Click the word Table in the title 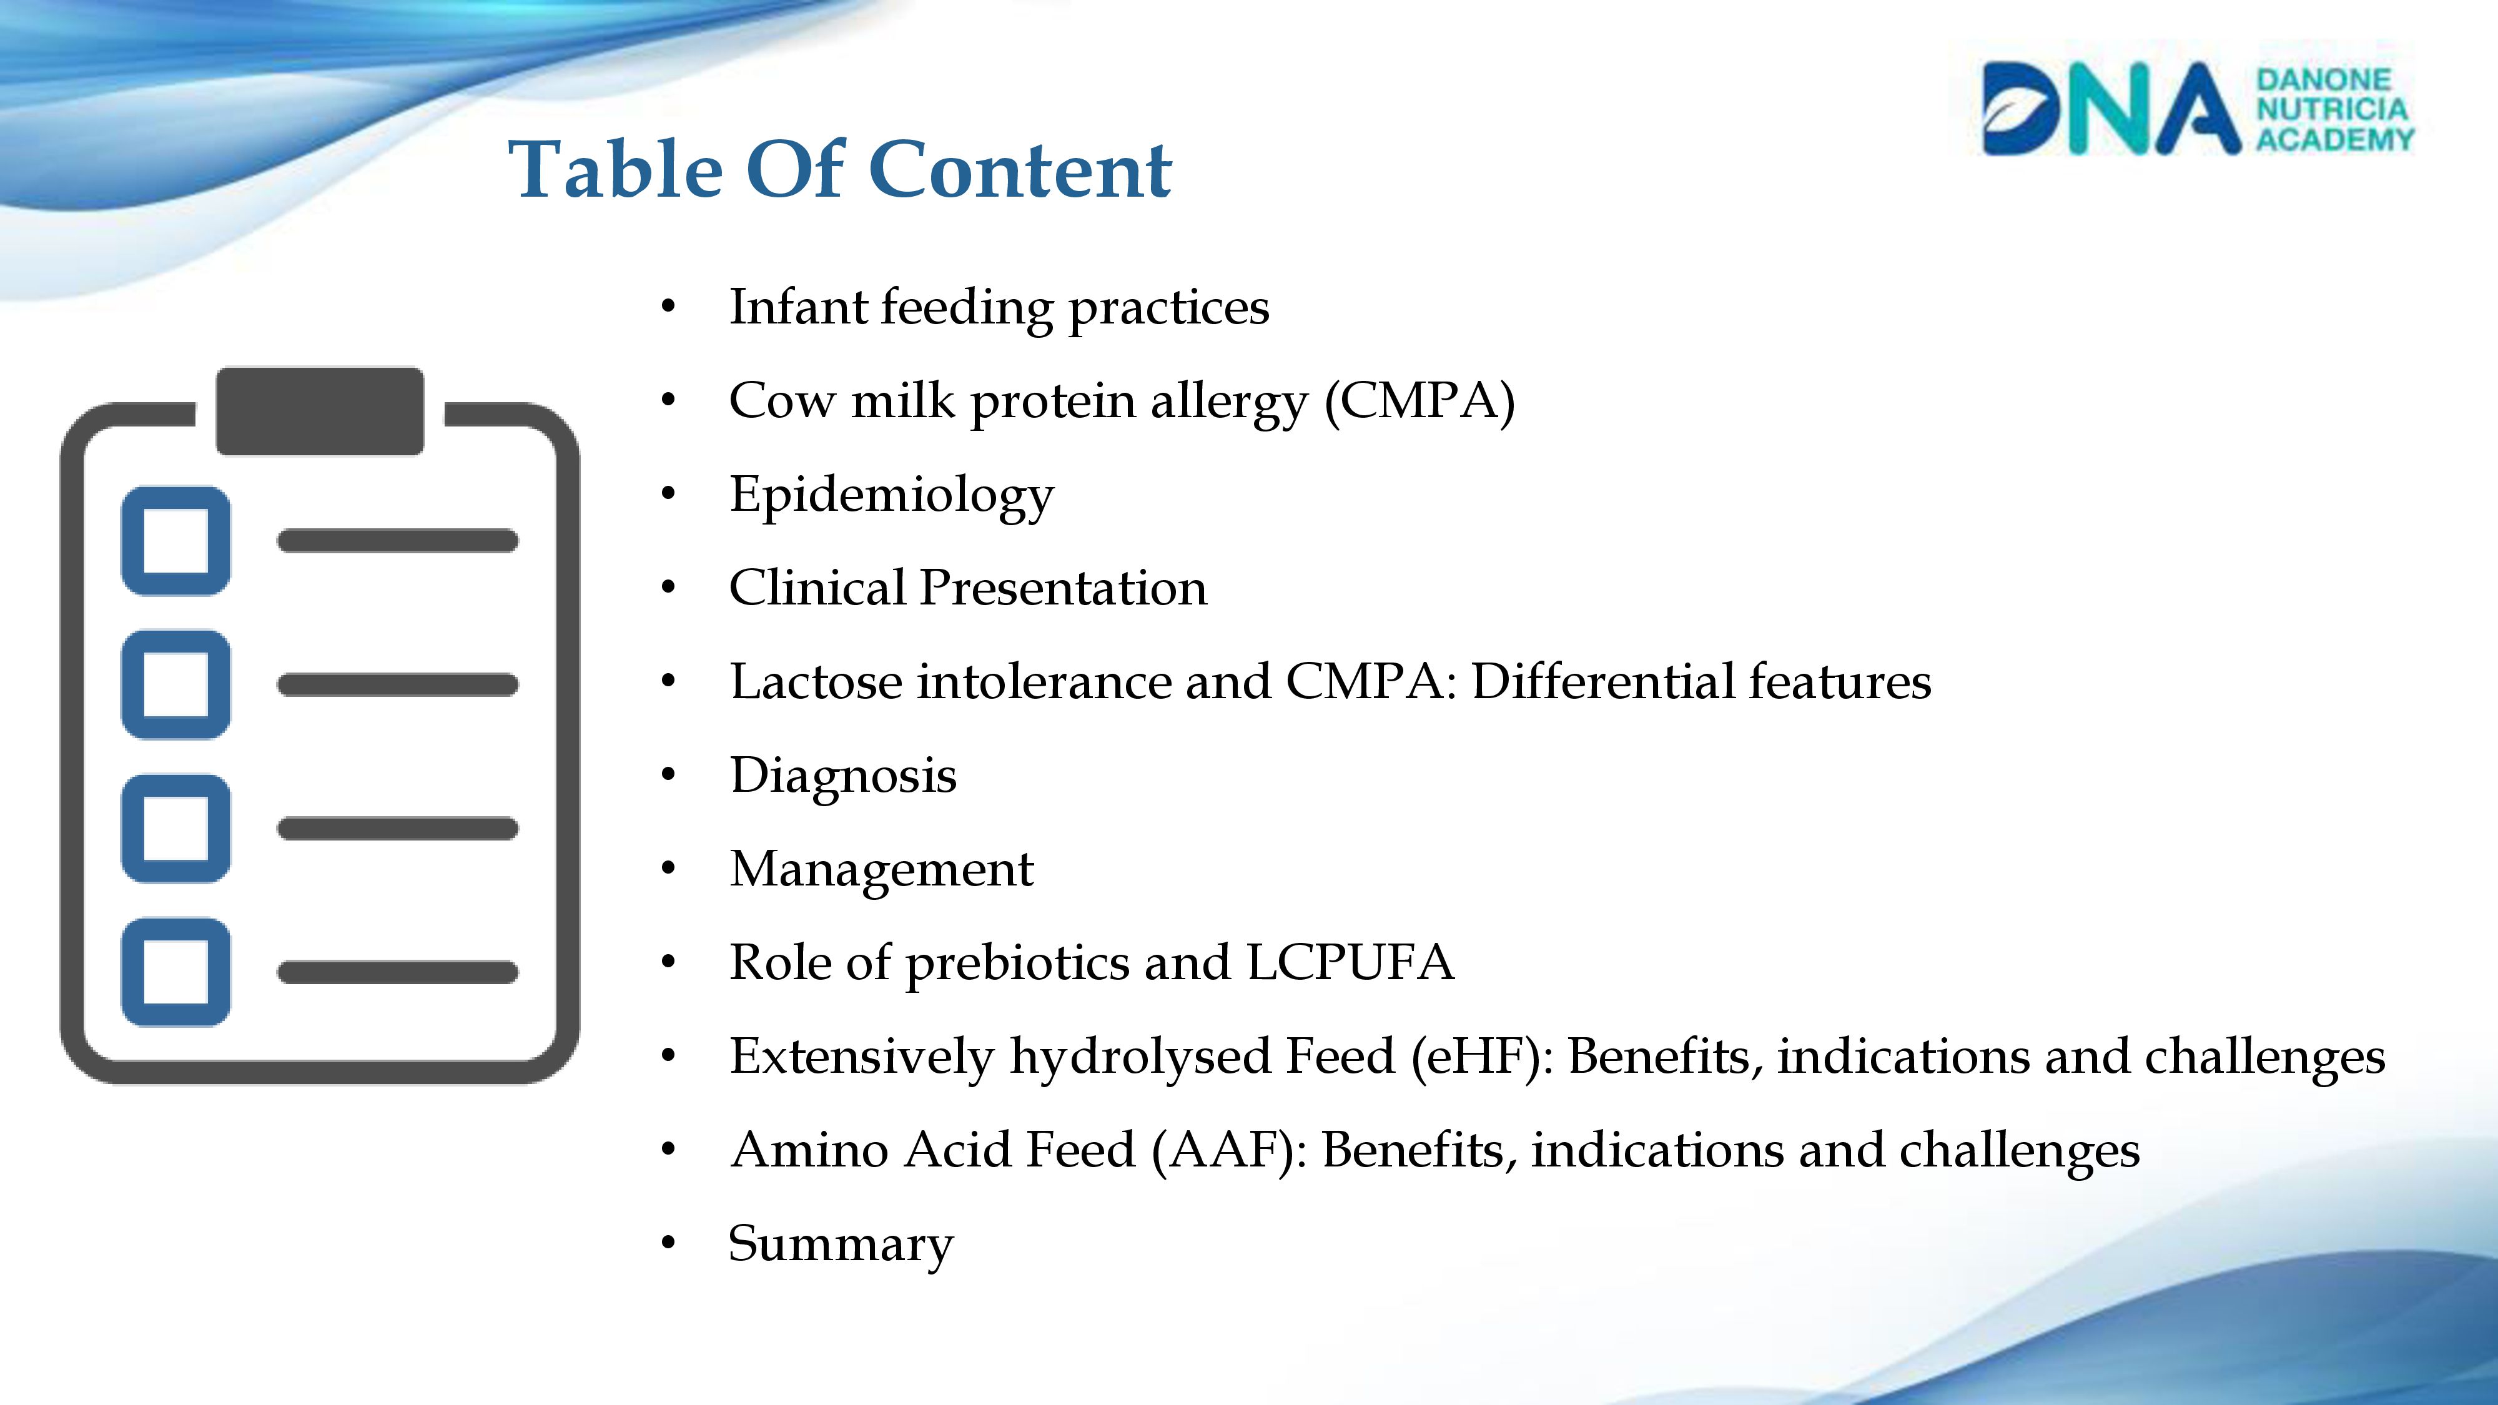(618, 170)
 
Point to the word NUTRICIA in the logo (2332, 109)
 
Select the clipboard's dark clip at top (319, 410)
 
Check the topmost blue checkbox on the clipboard (175, 540)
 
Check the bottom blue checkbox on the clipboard (175, 972)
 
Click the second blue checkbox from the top (175, 684)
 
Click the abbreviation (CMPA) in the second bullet (1419, 400)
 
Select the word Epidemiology (891, 495)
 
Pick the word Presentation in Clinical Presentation (1063, 588)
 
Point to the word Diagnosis (842, 776)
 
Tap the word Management (881, 869)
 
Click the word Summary (841, 1244)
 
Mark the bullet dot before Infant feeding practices (667, 307)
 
